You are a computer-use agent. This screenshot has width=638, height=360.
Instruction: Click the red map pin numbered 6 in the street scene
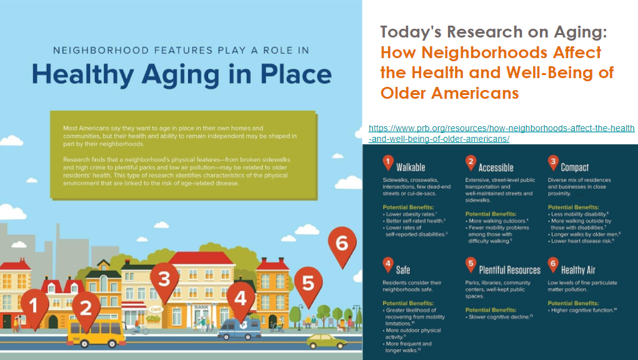pyautogui.click(x=342, y=246)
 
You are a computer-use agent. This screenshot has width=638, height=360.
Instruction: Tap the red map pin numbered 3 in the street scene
pyautogui.click(x=164, y=281)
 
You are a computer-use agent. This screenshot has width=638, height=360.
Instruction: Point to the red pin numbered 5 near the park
pyautogui.click(x=308, y=286)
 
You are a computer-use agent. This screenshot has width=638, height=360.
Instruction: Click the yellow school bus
pyautogui.click(x=96, y=334)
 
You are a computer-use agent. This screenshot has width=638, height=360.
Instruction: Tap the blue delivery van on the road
pyautogui.click(x=239, y=329)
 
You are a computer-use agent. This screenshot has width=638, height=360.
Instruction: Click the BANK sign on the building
pyautogui.click(x=201, y=307)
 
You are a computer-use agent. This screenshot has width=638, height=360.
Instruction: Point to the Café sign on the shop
pyautogui.click(x=156, y=309)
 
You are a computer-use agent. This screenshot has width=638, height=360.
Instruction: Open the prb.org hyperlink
pyautogui.click(x=501, y=133)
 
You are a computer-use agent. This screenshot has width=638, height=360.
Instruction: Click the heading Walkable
pyautogui.click(x=411, y=167)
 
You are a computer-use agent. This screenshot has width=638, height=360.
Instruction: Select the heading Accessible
pyautogui.click(x=496, y=167)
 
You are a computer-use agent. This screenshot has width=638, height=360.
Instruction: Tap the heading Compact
pyautogui.click(x=574, y=167)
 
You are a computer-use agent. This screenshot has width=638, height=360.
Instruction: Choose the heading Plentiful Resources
pyautogui.click(x=509, y=270)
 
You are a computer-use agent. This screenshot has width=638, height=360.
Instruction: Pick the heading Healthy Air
pyautogui.click(x=578, y=270)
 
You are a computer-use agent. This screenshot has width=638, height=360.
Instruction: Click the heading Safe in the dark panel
pyautogui.click(x=403, y=270)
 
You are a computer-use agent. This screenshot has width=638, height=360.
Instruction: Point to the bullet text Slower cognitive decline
pyautogui.click(x=499, y=317)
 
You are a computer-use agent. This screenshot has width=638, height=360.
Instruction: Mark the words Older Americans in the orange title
pyautogui.click(x=450, y=93)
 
